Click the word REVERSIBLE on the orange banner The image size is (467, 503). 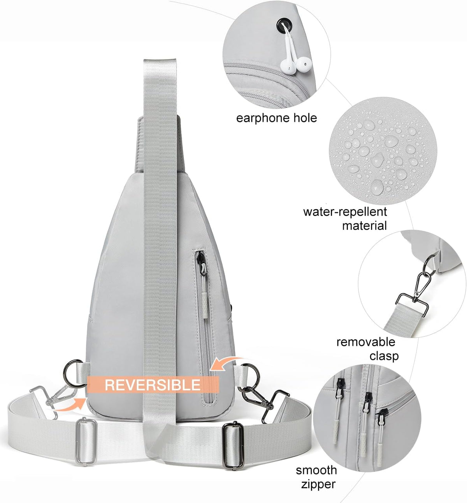point(153,385)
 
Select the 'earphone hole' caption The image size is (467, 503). point(276,118)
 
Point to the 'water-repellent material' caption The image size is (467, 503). point(345,219)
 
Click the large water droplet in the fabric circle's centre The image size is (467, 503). point(391,141)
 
